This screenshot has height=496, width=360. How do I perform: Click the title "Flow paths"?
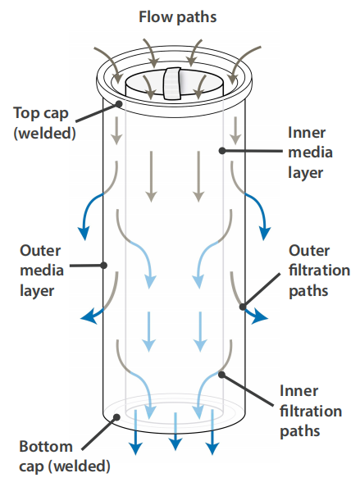point(177,17)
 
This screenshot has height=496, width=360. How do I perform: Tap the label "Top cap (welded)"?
point(44,123)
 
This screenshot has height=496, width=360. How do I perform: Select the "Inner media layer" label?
point(310,152)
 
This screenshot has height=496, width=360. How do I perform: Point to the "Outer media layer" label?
point(42,271)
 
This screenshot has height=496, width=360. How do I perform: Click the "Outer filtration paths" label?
point(319,271)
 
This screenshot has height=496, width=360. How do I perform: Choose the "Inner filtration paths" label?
point(311,412)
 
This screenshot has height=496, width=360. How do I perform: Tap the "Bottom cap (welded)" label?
point(65,457)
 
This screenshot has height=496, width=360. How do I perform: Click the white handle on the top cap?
point(172,83)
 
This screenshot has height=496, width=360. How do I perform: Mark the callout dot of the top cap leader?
point(119,104)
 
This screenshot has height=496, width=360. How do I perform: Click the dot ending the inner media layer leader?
point(222,151)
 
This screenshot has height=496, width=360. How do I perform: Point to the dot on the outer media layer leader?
point(104,265)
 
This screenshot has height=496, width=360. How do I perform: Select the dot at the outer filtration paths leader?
point(243,307)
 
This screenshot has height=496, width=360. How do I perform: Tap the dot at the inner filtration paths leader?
point(221,375)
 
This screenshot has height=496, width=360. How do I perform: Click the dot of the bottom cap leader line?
point(116,417)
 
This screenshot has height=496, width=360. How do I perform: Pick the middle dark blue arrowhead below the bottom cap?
point(175,444)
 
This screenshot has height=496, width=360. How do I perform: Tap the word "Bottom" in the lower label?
point(46,447)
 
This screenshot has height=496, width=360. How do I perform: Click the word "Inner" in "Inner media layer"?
point(307,133)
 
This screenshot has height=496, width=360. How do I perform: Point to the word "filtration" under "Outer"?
point(319,271)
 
